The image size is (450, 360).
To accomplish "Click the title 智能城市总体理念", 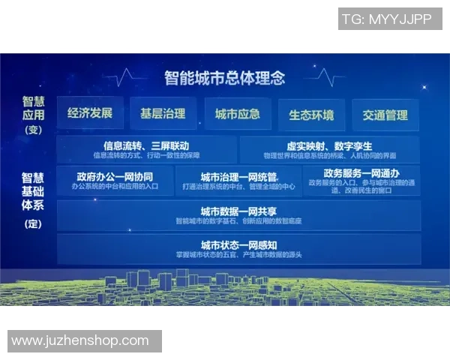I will point(225,76).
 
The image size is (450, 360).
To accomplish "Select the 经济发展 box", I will point(90,114).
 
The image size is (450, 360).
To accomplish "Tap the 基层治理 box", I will point(163,114).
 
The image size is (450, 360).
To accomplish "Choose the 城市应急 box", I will point(237,114).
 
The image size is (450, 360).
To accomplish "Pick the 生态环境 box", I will point(311,115).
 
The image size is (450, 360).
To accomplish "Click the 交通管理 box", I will point(385,115).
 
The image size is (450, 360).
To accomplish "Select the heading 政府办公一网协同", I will point(115,174).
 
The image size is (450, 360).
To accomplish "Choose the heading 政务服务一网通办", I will point(361,172).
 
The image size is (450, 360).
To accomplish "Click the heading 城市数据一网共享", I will point(238,211).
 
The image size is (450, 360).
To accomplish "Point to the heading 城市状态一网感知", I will point(238,245).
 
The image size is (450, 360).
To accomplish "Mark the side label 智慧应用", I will point(33,108).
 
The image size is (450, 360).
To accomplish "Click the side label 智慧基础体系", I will point(33,190).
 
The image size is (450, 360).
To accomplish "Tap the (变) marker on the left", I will point(33,130).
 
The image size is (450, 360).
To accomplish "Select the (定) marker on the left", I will point(33,223).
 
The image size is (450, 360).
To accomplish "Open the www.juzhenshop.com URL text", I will point(80,340).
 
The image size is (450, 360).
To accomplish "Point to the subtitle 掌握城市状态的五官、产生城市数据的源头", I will point(238,255).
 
